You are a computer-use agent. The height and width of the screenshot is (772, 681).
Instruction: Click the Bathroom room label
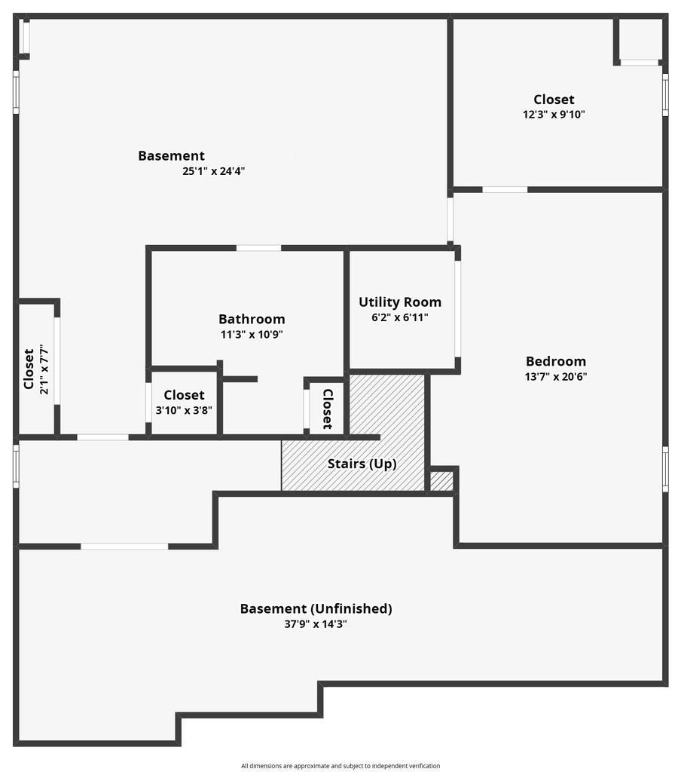click(x=252, y=319)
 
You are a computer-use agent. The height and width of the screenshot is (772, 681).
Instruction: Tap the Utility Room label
click(x=399, y=302)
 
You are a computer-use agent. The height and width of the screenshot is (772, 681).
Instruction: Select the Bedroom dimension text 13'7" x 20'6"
click(x=555, y=377)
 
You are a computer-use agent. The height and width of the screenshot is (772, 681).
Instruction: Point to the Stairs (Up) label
click(x=362, y=464)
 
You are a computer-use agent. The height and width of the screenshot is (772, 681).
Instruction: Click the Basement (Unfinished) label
click(x=316, y=608)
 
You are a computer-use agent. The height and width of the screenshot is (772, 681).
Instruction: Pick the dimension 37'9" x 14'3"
click(x=316, y=624)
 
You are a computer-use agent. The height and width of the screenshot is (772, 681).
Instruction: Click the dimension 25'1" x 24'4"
click(x=213, y=171)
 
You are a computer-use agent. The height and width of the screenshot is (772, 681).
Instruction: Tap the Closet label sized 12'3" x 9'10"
click(x=554, y=100)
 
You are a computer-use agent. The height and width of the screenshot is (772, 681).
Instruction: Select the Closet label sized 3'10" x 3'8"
click(x=184, y=395)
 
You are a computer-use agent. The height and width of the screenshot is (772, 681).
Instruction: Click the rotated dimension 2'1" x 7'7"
click(x=44, y=369)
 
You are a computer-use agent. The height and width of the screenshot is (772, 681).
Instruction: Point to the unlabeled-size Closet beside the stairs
click(x=328, y=409)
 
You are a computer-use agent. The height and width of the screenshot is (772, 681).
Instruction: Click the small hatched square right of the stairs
click(x=441, y=481)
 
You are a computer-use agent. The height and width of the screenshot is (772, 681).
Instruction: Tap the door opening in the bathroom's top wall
click(x=259, y=247)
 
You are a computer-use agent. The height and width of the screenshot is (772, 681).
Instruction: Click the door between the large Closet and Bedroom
click(x=505, y=189)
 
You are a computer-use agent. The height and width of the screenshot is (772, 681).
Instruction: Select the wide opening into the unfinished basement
click(x=124, y=546)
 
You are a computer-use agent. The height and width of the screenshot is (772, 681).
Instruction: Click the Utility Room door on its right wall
click(x=457, y=308)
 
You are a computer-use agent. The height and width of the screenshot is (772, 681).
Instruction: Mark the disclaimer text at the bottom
click(x=340, y=766)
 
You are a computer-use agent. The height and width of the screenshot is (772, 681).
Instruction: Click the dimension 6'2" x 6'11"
click(x=399, y=317)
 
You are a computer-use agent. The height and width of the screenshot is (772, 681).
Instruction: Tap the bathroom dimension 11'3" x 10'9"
click(x=252, y=335)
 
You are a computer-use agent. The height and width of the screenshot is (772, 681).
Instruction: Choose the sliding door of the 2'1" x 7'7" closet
click(x=57, y=361)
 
